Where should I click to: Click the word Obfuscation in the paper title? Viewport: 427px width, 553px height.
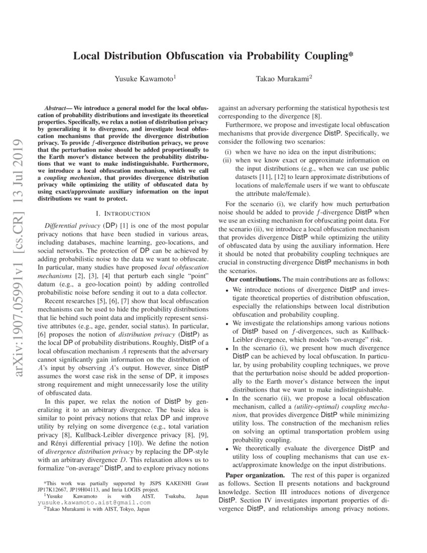click(179, 56)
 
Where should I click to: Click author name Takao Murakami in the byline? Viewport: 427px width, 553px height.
click(283, 78)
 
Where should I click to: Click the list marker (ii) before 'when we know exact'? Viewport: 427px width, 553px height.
click(228, 160)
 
